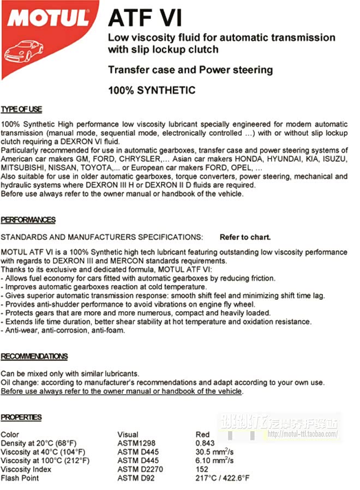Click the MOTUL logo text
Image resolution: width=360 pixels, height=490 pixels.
[x=48, y=20]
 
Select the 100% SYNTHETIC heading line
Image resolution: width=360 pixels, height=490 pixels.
[x=151, y=90]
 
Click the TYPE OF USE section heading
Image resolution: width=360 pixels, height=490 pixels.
[x=21, y=110]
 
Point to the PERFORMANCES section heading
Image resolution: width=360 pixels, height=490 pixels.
[x=28, y=220]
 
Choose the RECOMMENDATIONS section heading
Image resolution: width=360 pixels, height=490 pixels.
[x=34, y=356]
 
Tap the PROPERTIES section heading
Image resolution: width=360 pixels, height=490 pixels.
[x=21, y=418]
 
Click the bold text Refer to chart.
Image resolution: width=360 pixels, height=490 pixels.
[x=245, y=238]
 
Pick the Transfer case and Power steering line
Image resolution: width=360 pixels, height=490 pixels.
[x=190, y=70]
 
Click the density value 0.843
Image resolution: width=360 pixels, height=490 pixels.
[x=206, y=443]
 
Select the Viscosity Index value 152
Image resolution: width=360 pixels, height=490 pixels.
[x=202, y=469]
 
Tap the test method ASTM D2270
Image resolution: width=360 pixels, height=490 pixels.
[x=140, y=469]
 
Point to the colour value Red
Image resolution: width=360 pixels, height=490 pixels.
[x=202, y=434]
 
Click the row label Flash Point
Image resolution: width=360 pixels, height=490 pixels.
[x=20, y=478]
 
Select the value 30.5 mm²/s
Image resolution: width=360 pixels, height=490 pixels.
[x=214, y=452]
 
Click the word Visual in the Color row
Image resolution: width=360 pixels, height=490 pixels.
[x=128, y=434]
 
